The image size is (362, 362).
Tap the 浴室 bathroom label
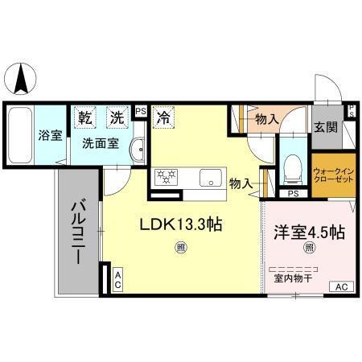pyautogui.click(x=50, y=135)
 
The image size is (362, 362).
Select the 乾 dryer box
pyautogui.click(x=86, y=117)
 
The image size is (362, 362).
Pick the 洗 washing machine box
pyautogui.click(x=118, y=117)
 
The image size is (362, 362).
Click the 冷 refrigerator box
pyautogui.click(x=162, y=117)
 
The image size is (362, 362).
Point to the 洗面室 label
pyautogui.click(x=101, y=144)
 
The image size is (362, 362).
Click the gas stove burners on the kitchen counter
pyautogui.click(x=167, y=176)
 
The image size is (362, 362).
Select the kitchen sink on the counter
pyautogui.click(x=210, y=177)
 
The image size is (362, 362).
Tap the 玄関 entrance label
pyautogui.click(x=325, y=126)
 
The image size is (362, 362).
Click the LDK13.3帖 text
pyautogui.click(x=182, y=227)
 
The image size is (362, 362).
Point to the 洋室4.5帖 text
pyautogui.click(x=309, y=232)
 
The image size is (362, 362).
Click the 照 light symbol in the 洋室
pyautogui.click(x=309, y=249)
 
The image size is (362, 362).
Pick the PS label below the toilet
pyautogui.click(x=293, y=193)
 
